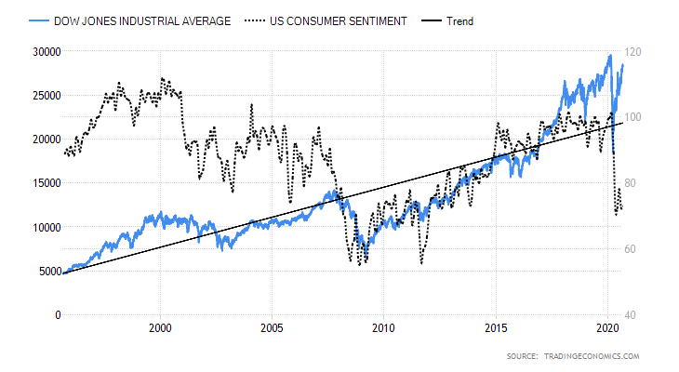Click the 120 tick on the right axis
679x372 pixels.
[641, 52]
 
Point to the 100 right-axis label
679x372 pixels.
[641, 117]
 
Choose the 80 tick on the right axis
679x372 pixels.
[638, 183]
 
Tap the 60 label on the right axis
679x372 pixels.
[638, 249]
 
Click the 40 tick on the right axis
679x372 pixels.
[638, 315]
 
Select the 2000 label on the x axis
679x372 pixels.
[160, 328]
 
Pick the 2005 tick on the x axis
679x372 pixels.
[272, 328]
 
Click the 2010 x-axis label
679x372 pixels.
[383, 328]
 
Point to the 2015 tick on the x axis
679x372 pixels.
[495, 328]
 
